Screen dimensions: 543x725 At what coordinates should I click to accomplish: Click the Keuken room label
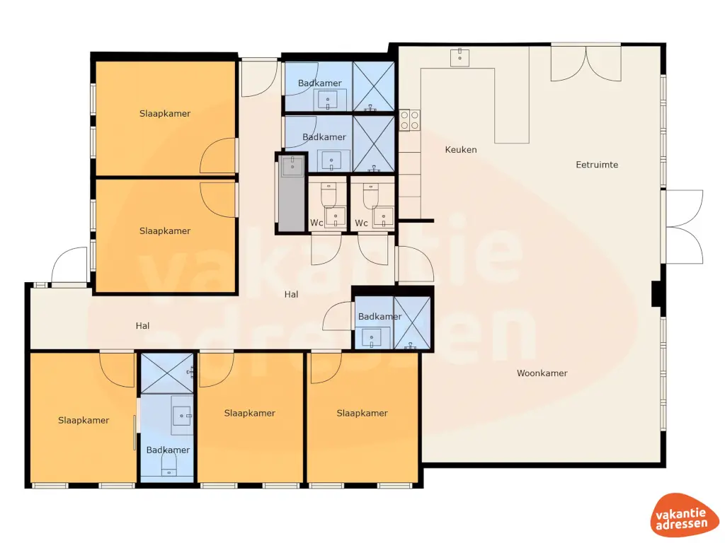460,150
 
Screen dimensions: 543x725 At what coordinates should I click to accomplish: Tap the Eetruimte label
596,165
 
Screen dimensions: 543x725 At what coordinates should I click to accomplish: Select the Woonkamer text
542,373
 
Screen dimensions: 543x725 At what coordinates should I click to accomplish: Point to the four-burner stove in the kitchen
409,120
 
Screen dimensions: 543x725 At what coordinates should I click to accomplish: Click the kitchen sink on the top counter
461,57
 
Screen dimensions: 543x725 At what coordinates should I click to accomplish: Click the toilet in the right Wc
369,194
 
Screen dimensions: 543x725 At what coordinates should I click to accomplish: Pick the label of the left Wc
316,223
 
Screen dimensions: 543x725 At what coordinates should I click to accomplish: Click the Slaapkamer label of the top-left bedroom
165,114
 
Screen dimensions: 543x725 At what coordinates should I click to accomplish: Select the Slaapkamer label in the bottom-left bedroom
84,421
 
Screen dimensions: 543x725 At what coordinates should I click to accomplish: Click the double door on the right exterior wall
684,227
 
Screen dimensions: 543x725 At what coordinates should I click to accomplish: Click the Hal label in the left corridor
143,326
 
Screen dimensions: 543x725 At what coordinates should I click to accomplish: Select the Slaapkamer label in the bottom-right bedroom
362,414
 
